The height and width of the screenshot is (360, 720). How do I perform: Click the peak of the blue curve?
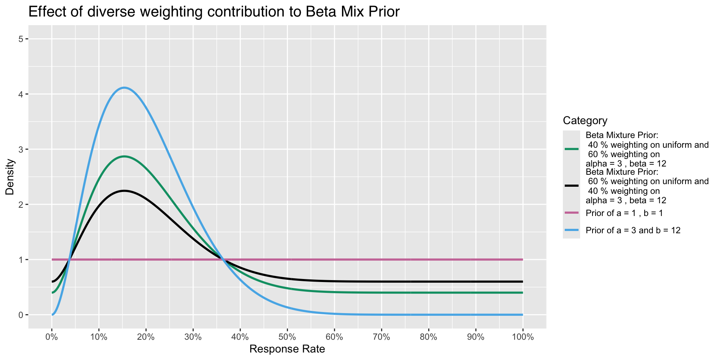[x=124, y=88]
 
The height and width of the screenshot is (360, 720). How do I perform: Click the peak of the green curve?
[x=124, y=156]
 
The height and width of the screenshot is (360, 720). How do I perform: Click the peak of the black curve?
[x=124, y=191]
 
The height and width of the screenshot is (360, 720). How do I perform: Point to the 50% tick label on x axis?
[x=287, y=337]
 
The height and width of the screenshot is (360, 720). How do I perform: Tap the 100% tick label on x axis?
[x=522, y=337]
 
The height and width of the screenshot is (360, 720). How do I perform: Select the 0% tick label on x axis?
[x=52, y=337]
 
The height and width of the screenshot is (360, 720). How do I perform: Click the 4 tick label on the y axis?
[x=21, y=94]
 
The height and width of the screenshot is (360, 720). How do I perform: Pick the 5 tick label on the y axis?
[x=21, y=39]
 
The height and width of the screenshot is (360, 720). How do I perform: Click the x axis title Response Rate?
[x=287, y=349]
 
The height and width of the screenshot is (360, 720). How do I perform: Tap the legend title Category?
[x=585, y=121]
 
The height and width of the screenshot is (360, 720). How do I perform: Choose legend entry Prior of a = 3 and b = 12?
[x=633, y=230]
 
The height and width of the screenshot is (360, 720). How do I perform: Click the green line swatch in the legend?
[x=571, y=149]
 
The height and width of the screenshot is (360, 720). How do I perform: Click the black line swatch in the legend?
[x=571, y=186]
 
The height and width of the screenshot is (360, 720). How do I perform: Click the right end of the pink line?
[x=522, y=259]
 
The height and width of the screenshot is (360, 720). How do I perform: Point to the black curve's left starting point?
[x=52, y=282]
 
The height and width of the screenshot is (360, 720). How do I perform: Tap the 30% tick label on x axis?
[x=193, y=337]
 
